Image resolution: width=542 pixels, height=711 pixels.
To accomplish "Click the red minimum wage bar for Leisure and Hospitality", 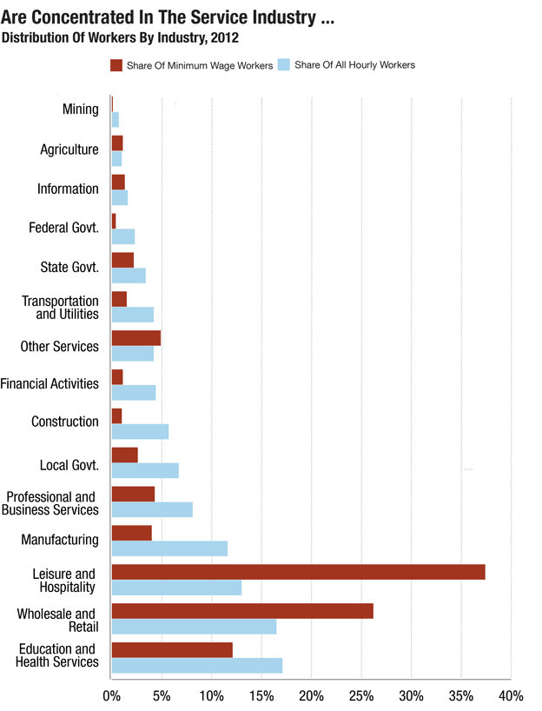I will click(298, 572).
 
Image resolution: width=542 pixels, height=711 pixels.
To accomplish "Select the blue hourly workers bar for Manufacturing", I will click(169, 548).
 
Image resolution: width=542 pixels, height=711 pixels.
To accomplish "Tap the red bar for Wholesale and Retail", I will click(242, 611).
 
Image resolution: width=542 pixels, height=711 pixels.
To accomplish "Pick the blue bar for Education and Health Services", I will click(197, 666).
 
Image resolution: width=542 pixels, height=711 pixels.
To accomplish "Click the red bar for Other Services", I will click(136, 337).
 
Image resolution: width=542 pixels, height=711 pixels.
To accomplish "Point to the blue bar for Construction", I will click(140, 431).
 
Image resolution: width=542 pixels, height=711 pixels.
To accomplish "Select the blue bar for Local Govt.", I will click(145, 470).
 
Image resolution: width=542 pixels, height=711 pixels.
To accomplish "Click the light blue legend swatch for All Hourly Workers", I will click(282, 65).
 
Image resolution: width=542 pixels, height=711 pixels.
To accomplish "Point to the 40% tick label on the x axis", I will click(511, 696).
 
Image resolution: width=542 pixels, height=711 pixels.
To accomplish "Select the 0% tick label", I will click(111, 696).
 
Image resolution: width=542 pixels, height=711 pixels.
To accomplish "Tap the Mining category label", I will click(80, 110).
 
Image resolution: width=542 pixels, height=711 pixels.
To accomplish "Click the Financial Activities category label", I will click(50, 383).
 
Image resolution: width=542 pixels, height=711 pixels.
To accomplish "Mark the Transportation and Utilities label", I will click(60, 307).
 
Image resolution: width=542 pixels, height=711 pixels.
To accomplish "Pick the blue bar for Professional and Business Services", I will click(152, 509).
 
